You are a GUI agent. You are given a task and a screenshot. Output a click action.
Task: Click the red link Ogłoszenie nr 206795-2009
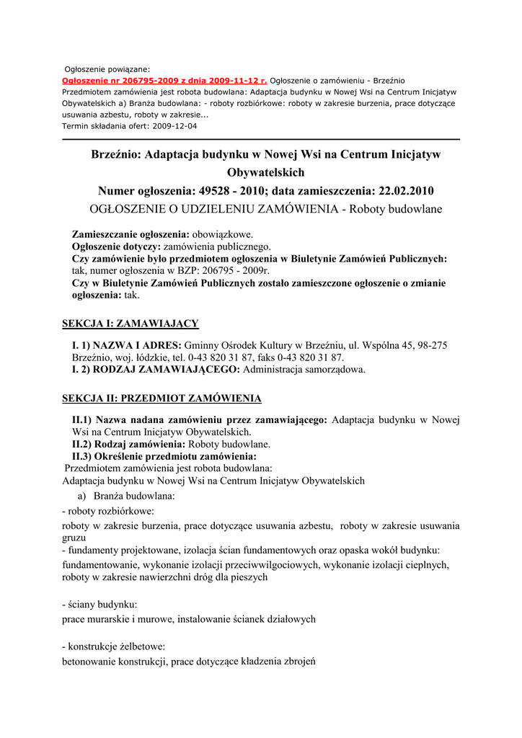pos(164,80)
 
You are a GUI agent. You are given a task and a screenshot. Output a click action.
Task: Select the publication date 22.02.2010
pos(405,191)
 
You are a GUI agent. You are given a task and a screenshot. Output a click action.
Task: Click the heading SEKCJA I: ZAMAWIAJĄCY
pos(130,323)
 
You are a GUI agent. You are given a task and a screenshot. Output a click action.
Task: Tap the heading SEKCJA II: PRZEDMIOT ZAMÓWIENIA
pos(162,398)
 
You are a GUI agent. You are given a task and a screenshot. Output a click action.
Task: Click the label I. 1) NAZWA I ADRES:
pos(128,345)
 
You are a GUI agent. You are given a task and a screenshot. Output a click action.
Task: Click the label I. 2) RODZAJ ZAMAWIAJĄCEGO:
pos(156,370)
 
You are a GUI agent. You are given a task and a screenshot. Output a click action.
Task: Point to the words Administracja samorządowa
pos(304,370)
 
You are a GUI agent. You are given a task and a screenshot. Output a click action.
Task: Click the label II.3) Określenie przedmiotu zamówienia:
pos(164,456)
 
